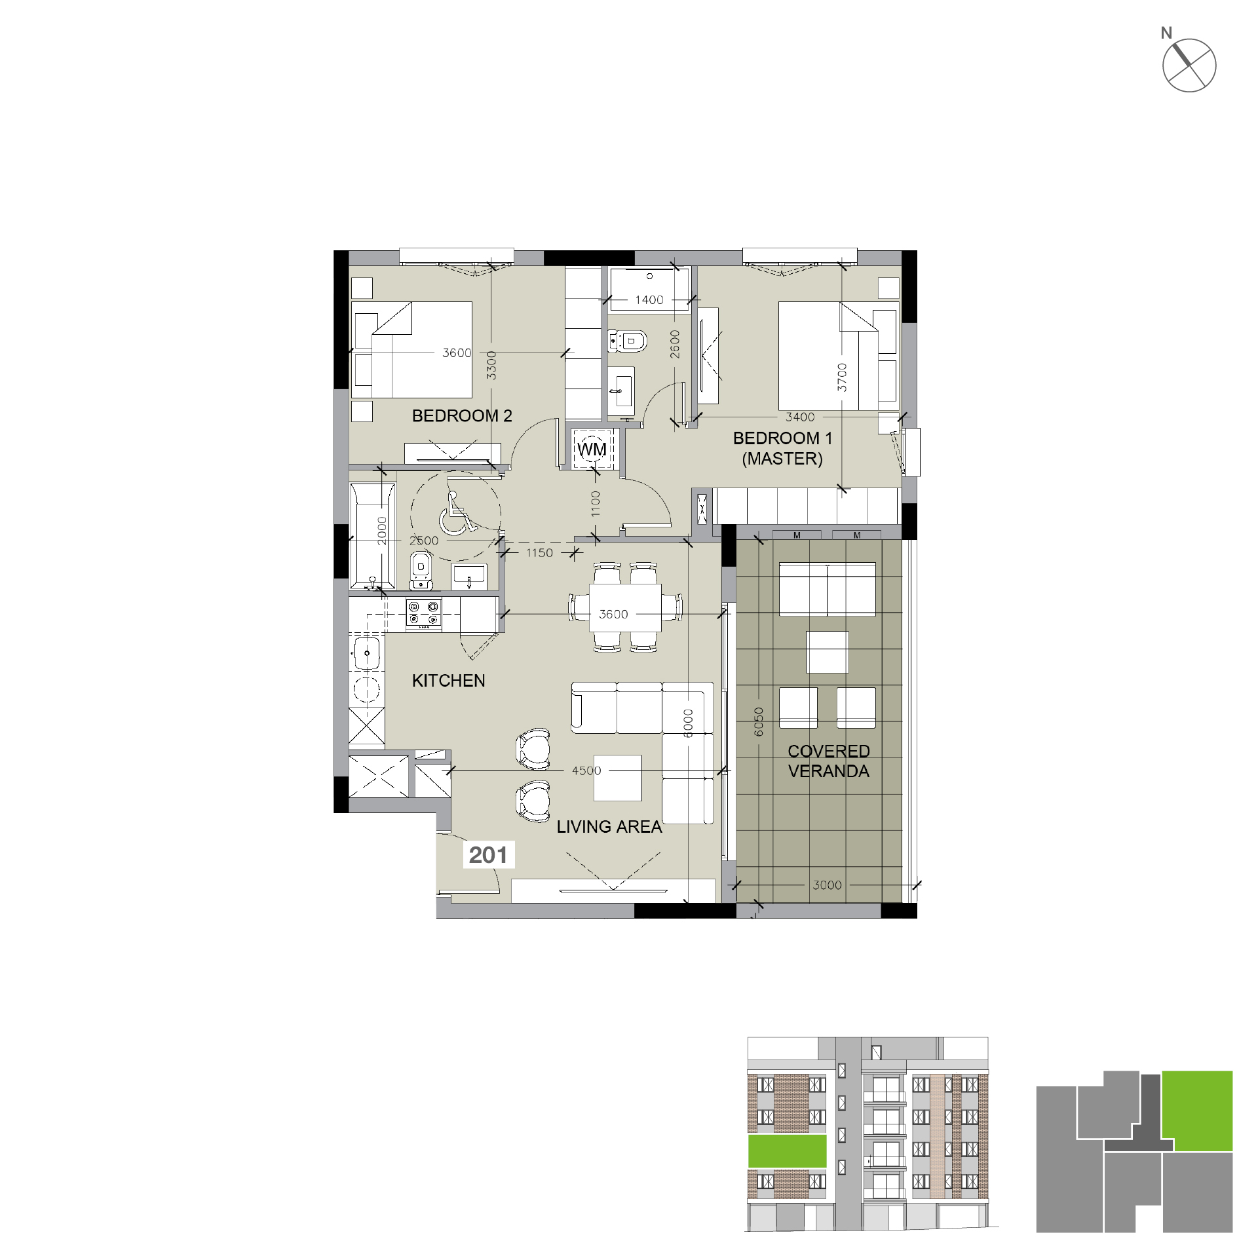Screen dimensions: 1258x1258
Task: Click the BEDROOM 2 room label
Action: pos(462,416)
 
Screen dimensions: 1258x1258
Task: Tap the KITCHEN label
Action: pos(449,681)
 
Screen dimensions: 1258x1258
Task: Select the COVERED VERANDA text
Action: pos(829,761)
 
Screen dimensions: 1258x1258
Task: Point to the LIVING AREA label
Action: pos(609,827)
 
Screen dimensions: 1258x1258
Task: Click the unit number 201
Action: pos(488,855)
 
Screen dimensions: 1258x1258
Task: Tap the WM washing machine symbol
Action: pos(592,449)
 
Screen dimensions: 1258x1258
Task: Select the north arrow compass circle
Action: pos(1189,66)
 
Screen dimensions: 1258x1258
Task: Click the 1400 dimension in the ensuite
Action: pos(649,300)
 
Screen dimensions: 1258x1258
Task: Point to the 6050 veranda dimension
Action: pos(759,721)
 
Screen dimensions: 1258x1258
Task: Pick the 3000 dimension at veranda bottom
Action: pos(827,885)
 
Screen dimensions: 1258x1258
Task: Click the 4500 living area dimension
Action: pos(586,771)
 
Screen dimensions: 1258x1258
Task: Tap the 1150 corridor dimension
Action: pos(539,553)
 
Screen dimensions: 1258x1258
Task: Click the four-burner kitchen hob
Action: pos(423,615)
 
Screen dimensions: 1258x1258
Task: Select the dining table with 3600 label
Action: pos(625,607)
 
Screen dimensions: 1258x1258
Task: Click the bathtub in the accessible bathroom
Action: pos(373,536)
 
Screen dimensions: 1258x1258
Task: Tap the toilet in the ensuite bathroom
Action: pos(627,341)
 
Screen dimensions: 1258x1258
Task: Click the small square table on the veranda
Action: pos(828,652)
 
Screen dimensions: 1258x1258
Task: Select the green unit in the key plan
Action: pos(1197,1111)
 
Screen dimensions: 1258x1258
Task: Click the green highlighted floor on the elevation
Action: pos(788,1151)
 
